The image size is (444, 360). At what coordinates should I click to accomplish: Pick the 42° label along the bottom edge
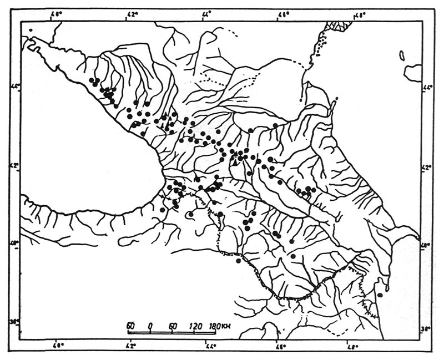(131, 348)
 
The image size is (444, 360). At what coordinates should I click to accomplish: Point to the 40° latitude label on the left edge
(16, 242)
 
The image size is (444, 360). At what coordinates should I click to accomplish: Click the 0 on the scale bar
(151, 325)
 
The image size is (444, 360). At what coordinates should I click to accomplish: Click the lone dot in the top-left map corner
(32, 30)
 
